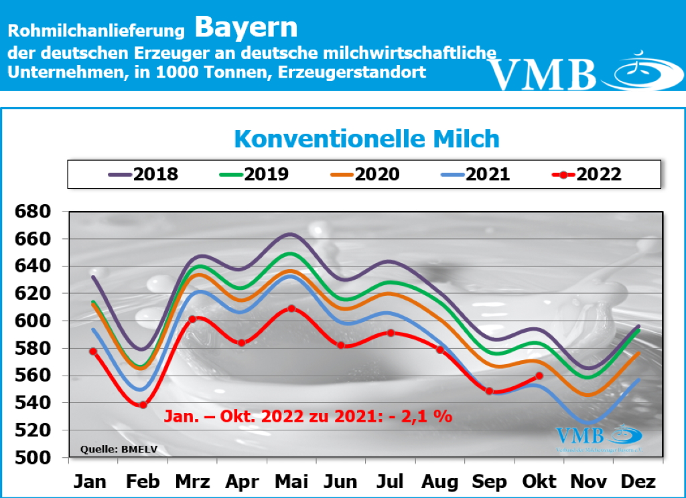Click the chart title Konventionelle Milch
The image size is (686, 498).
point(367,139)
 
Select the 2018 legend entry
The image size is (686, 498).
point(143,175)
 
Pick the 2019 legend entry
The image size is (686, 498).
point(254,175)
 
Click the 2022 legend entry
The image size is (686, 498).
point(587,175)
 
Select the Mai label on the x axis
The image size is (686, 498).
point(291,482)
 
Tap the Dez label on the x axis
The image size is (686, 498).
point(639,482)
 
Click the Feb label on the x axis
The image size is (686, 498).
point(142,482)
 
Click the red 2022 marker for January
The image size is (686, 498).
point(93,351)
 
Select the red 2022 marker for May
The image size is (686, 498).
point(291,309)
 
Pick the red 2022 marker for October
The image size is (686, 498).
point(539,376)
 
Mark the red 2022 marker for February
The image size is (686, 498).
point(143,405)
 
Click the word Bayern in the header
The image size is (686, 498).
point(247,28)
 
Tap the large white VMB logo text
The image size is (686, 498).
point(542,74)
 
